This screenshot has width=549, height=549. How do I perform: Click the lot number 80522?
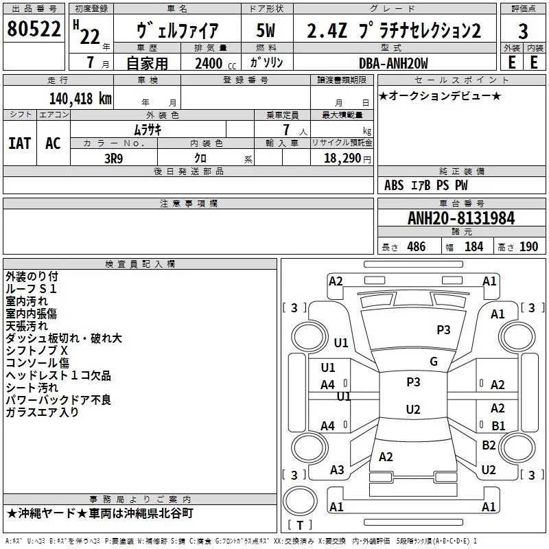34,29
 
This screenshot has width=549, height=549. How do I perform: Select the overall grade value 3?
523,31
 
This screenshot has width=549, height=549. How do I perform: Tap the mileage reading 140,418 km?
80,99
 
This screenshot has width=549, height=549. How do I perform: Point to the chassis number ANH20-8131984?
461,218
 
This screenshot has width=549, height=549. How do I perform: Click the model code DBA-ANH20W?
393,63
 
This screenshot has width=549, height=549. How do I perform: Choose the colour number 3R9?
114,159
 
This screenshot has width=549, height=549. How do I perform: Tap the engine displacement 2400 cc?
215,63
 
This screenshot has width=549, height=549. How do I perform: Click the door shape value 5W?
266,30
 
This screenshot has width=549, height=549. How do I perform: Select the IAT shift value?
20,143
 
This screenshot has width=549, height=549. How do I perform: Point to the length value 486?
417,246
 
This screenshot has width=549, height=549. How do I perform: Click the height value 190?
528,246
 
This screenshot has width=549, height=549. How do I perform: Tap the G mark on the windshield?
434,361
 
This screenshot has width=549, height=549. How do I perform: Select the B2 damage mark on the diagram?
489,445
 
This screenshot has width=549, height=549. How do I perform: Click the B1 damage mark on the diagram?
498,425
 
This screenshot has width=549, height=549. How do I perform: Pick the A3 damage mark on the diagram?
337,469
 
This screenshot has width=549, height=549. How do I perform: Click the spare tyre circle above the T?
300,501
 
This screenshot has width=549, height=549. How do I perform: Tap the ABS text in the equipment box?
394,185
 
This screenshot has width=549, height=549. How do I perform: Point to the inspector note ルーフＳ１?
31,289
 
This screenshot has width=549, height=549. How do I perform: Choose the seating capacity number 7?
286,130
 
